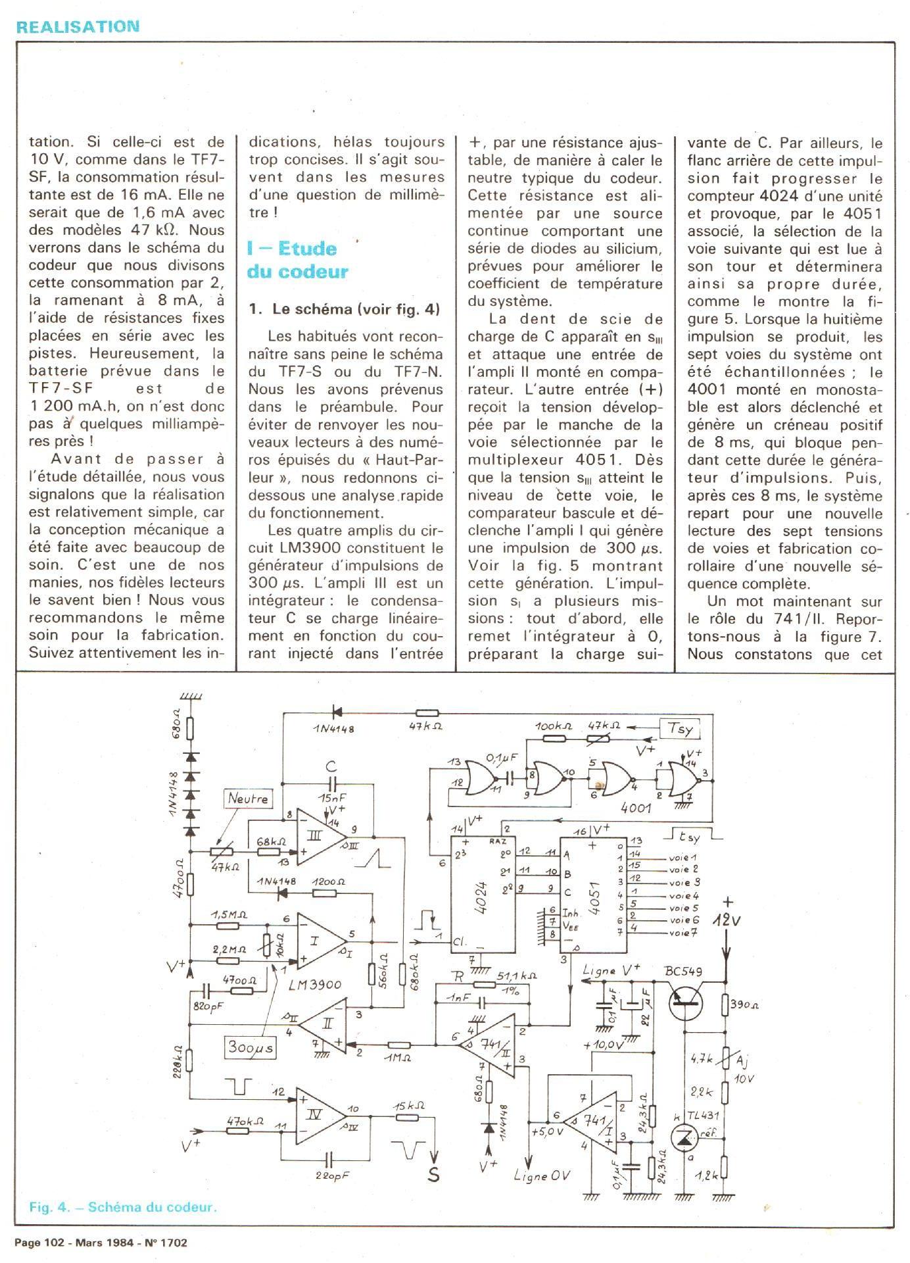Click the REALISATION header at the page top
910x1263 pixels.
click(78, 27)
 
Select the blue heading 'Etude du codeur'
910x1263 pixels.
click(297, 260)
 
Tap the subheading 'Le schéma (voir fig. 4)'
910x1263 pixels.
click(344, 309)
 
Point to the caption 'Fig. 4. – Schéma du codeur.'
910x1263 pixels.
click(123, 1207)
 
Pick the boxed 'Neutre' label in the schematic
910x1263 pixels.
click(248, 799)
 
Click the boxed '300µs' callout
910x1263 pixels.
click(251, 1047)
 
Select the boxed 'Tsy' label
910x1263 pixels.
click(680, 729)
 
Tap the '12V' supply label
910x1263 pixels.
click(727, 921)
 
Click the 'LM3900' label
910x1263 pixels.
click(316, 985)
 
